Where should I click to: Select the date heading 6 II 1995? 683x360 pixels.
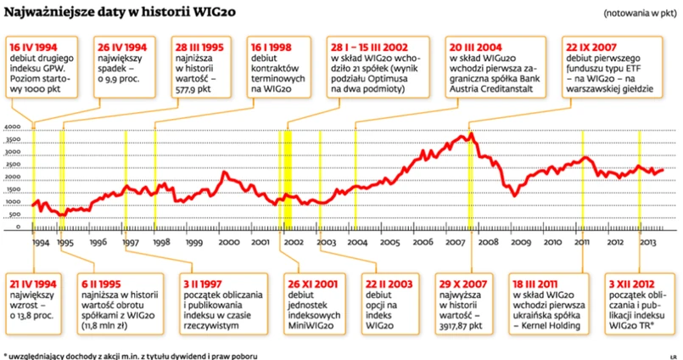104,281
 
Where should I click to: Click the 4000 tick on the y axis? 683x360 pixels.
13,127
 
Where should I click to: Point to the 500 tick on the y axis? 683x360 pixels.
14,215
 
